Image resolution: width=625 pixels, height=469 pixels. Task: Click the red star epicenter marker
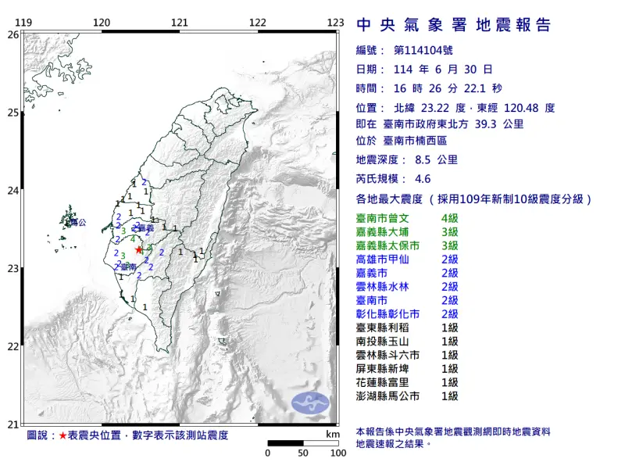tap(139, 250)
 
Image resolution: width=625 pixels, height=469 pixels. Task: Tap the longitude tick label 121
tap(180, 22)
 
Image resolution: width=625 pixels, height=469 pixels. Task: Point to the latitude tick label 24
tap(13, 191)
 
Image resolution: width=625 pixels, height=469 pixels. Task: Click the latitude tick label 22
tap(13, 346)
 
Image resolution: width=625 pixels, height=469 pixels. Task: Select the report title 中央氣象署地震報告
tap(453, 25)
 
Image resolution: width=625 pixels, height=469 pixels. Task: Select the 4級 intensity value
tap(449, 217)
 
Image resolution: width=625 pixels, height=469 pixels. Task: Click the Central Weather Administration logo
tap(310, 403)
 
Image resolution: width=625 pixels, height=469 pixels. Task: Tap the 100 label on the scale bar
tap(337, 453)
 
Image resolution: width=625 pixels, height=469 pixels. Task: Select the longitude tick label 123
tap(336, 22)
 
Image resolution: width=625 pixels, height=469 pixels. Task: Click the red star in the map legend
tap(63, 434)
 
